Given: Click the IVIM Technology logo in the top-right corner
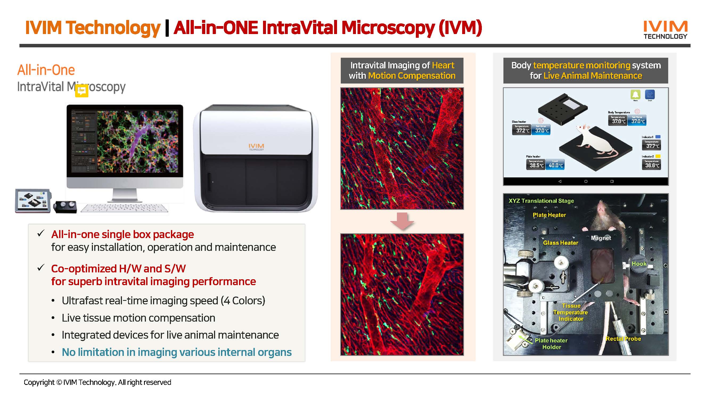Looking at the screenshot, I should (x=665, y=30).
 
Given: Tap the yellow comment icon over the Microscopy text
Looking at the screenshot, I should (x=81, y=91).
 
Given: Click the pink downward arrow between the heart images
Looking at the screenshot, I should (x=402, y=221).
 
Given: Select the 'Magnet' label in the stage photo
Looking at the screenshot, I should (x=601, y=238).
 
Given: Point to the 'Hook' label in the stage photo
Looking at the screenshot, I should (x=639, y=264).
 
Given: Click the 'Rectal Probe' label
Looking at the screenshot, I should (x=623, y=339).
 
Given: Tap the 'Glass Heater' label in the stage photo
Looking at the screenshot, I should (x=560, y=243).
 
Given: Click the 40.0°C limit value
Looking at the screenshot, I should (x=555, y=165).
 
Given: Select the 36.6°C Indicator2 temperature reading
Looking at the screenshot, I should (x=652, y=165).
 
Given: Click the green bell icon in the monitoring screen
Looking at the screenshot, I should (x=635, y=94).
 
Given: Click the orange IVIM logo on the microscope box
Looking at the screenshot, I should (x=256, y=146).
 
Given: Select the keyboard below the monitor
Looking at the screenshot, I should (x=124, y=208).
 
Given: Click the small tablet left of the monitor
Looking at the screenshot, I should (x=33, y=201).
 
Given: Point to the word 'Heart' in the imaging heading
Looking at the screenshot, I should (x=443, y=65).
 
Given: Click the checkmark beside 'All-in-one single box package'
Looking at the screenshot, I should (x=41, y=233).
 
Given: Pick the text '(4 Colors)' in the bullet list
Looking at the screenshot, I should (x=243, y=300).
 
